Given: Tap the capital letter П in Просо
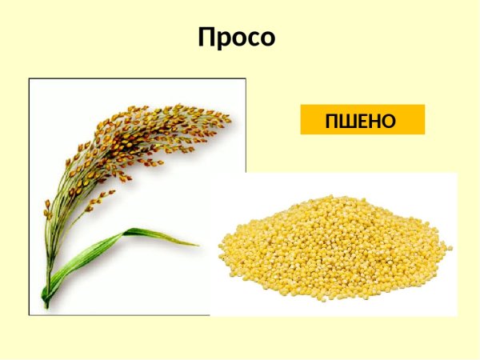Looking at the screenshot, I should [x=208, y=38].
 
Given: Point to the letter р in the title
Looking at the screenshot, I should [x=225, y=40].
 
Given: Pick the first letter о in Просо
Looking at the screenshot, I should [x=239, y=40].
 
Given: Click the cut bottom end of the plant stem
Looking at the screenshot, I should [x=46, y=305].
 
